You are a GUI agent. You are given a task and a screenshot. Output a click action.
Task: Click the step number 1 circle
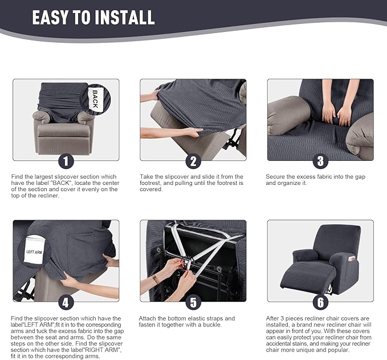point(66,161)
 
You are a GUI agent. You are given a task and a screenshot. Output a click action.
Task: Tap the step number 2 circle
point(193,161)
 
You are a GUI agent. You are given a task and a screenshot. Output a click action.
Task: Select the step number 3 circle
point(320,161)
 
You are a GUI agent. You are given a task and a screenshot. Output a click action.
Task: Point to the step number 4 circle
point(66,302)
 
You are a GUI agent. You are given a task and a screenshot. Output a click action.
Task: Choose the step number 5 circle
point(193,302)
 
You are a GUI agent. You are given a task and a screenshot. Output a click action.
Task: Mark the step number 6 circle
point(320,302)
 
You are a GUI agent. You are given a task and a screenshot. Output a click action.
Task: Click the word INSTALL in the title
point(123,17)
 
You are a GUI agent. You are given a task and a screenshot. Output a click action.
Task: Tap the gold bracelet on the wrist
point(156,279)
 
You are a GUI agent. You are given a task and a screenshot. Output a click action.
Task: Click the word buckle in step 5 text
point(223,325)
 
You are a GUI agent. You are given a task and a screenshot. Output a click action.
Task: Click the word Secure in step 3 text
point(276,177)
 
